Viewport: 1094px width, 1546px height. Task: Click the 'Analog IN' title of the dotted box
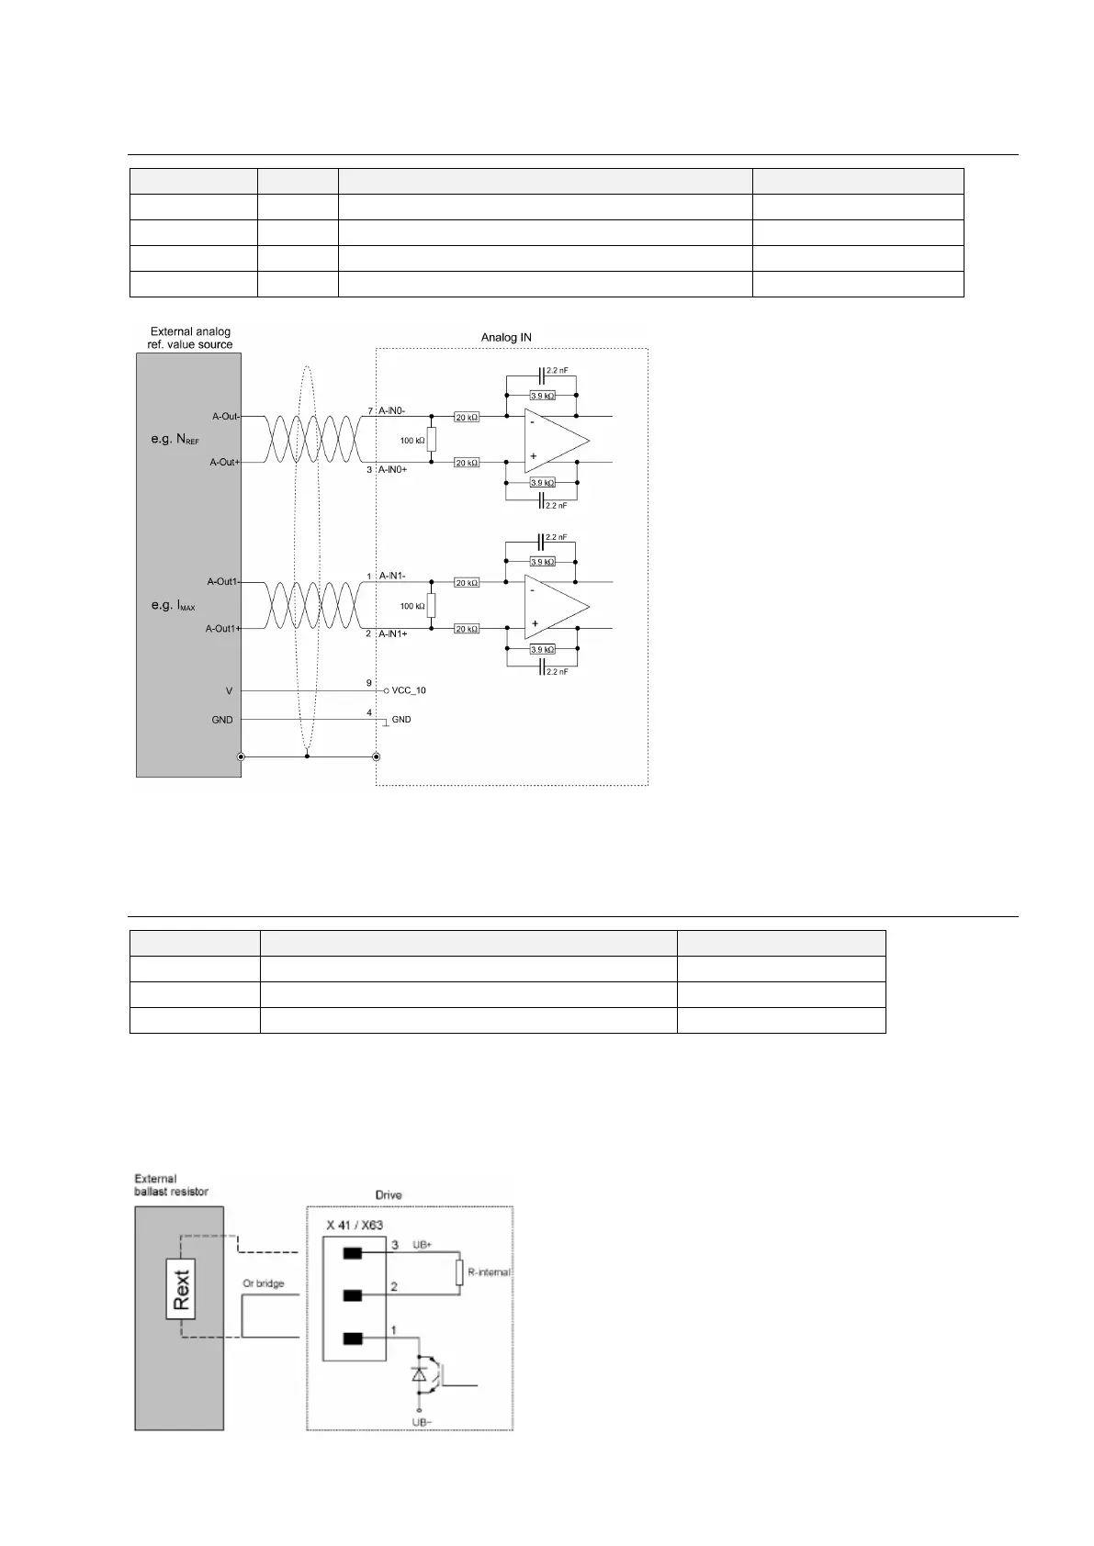pos(506,338)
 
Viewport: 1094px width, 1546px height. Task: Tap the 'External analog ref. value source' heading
pos(190,338)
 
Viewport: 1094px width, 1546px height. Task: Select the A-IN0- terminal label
pos(392,410)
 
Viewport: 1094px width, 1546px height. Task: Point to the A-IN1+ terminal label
pos(393,634)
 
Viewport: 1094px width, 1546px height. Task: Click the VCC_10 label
pos(409,690)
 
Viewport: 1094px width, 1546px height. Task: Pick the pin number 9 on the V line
pos(369,683)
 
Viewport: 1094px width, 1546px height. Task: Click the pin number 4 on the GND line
pos(369,712)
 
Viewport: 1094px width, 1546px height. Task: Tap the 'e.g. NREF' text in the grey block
pos(175,440)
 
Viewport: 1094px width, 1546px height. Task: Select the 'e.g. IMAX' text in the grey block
pos(173,606)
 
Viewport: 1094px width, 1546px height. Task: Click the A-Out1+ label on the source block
pos(222,629)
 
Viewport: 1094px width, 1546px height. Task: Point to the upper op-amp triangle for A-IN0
pos(553,441)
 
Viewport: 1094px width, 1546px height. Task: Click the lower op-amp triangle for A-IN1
pos(553,607)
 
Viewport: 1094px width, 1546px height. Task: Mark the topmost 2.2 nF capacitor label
pos(556,370)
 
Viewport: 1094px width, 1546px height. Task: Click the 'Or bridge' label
pos(264,1283)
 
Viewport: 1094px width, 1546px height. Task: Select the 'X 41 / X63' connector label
pos(355,1226)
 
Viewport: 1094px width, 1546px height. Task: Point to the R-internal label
pos(489,1272)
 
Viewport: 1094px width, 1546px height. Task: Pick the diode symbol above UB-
pos(420,1374)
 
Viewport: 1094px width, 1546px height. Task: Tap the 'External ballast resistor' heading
pos(172,1185)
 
